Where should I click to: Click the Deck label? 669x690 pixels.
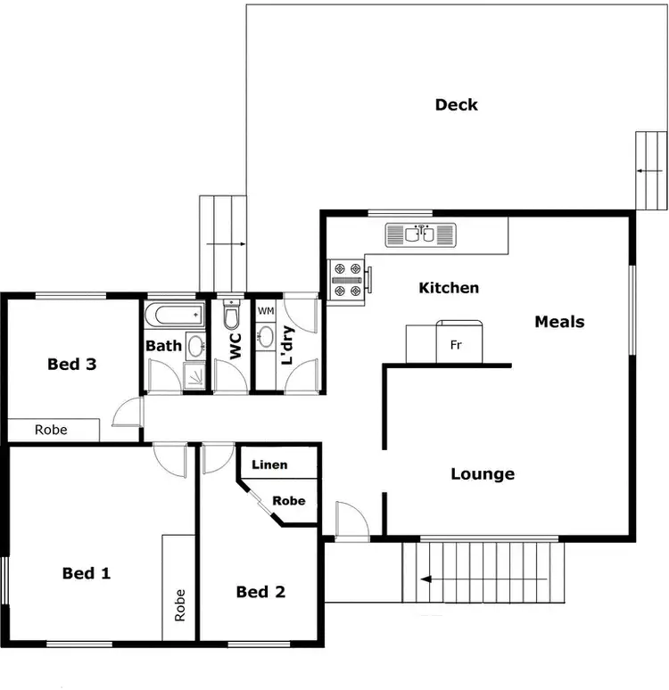[456, 105]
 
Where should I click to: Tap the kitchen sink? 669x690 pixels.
[420, 234]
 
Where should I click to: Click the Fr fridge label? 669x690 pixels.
[455, 345]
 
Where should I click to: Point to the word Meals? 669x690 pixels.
[559, 322]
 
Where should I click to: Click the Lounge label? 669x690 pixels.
[483, 474]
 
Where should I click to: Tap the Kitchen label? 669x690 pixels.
[449, 288]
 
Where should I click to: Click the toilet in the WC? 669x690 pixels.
[231, 315]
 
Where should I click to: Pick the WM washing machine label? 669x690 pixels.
[265, 311]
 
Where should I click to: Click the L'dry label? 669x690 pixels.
[287, 346]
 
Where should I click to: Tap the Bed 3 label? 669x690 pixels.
[71, 364]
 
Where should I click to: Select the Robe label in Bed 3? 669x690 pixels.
[51, 430]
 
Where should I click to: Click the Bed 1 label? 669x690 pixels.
[87, 573]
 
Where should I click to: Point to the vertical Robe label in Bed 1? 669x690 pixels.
[179, 604]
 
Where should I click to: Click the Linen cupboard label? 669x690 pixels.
[269, 465]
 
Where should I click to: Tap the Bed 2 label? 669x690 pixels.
[260, 592]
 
